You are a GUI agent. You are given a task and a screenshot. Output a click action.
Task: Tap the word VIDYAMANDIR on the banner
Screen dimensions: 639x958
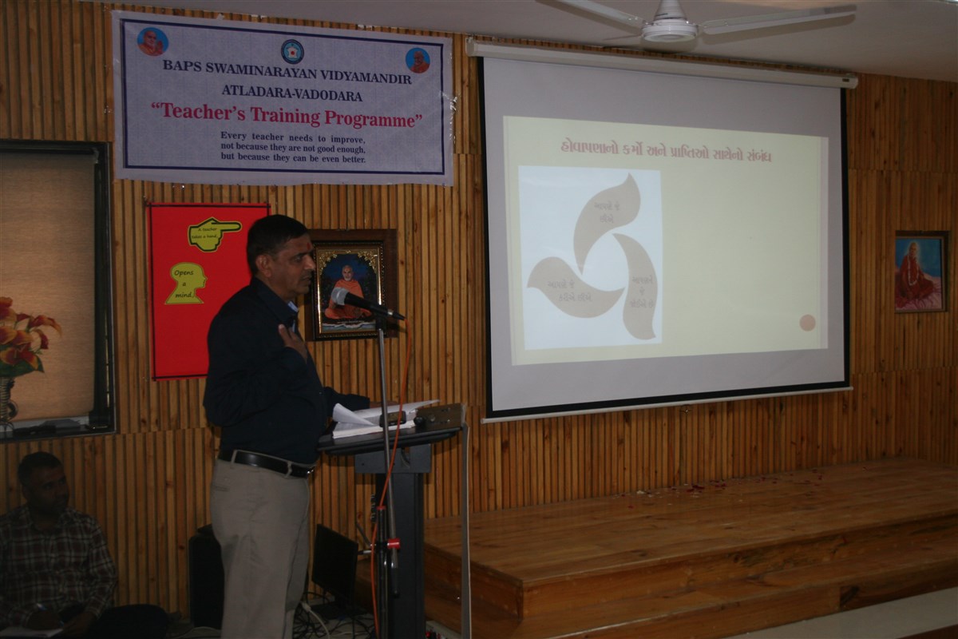pyautogui.click(x=365, y=78)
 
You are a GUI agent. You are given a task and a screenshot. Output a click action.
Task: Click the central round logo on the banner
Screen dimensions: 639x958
pyautogui.click(x=292, y=51)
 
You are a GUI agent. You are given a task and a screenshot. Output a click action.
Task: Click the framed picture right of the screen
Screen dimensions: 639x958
pyautogui.click(x=919, y=272)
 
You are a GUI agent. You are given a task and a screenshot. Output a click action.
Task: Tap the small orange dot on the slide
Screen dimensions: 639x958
pyautogui.click(x=807, y=322)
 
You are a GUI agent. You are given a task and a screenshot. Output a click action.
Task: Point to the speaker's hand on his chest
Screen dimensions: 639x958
pyautogui.click(x=292, y=339)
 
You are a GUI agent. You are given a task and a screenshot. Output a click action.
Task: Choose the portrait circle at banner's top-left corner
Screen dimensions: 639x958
pyautogui.click(x=152, y=42)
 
